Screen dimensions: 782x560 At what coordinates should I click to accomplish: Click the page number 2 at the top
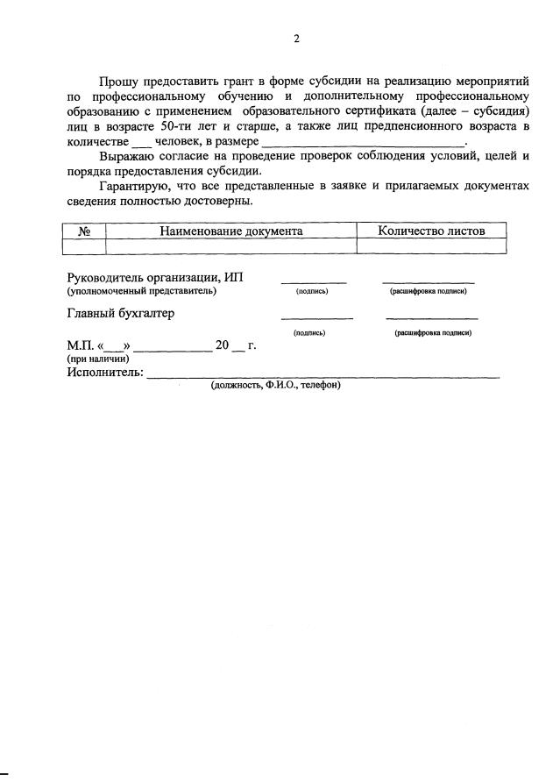click(x=296, y=39)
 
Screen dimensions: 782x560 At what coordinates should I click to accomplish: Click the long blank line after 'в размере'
click(x=363, y=144)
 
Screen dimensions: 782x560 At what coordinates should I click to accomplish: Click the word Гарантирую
click(x=133, y=187)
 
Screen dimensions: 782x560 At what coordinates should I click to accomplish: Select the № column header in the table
click(x=86, y=231)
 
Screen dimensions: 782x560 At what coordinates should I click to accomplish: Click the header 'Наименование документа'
click(x=230, y=231)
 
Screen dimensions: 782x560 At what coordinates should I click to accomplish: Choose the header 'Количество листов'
click(x=429, y=231)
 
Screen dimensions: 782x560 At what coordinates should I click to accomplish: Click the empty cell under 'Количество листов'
click(x=429, y=246)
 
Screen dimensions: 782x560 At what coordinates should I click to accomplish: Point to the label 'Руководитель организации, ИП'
click(x=155, y=278)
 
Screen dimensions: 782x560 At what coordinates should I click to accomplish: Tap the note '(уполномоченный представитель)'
click(x=142, y=291)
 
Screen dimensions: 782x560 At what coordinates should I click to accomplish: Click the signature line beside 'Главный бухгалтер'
click(x=316, y=316)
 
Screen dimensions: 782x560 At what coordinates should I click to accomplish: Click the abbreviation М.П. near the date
click(x=81, y=346)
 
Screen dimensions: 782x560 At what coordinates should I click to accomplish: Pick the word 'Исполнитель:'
click(x=104, y=373)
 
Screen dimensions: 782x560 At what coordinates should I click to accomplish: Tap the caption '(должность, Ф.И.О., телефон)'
click(x=275, y=385)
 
